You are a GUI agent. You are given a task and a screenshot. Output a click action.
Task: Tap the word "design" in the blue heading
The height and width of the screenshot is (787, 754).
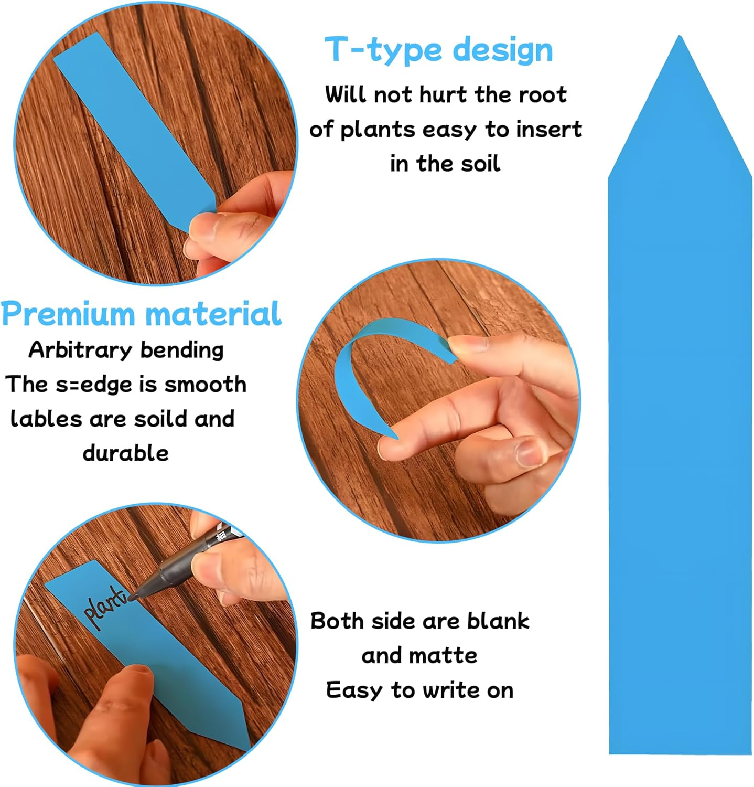pos(503,50)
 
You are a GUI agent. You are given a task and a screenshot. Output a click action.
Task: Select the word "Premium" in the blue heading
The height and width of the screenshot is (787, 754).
pos(68,314)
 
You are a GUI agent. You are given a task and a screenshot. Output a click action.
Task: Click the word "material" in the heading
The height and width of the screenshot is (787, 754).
pos(214,314)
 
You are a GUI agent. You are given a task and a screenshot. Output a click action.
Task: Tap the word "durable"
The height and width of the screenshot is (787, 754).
pos(126,453)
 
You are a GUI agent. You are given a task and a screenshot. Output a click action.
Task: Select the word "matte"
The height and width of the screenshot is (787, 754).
pos(446,655)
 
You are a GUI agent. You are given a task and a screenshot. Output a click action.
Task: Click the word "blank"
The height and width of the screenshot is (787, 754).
pos(498,621)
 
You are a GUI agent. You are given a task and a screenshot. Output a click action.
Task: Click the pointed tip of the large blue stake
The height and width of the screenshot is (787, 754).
pos(680,36)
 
